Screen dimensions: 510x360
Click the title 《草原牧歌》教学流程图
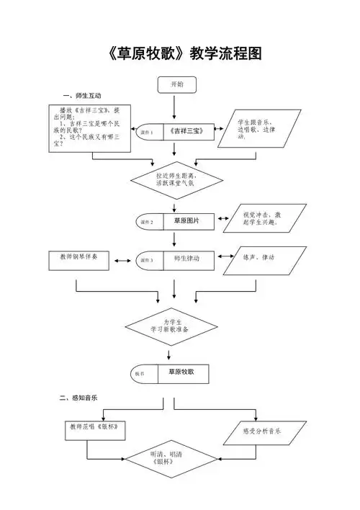point(180,53)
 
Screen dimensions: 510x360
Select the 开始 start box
point(176,85)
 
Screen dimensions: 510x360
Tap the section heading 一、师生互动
point(82,96)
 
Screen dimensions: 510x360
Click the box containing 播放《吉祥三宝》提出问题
point(90,129)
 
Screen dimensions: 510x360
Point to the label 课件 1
point(147,133)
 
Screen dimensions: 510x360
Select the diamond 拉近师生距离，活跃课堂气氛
point(176,179)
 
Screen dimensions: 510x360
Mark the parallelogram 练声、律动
point(258,259)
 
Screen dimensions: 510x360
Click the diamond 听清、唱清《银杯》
point(171,459)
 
